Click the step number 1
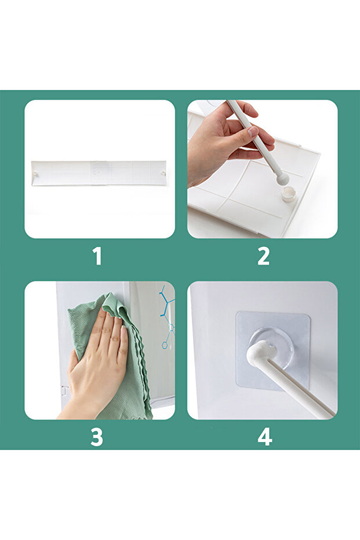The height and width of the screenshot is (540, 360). coord(98,256)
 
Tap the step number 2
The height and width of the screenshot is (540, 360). coord(264,256)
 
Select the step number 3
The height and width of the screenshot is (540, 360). coord(97,437)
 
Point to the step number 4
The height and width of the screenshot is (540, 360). coord(265,437)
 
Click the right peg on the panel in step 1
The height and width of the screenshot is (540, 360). coord(162,173)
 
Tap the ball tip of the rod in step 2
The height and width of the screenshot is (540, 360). coord(283,179)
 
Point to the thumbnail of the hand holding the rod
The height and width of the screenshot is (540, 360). coord(262,169)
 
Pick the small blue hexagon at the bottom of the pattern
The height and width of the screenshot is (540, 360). coord(165,345)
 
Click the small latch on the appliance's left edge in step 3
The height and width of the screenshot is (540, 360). coord(63,391)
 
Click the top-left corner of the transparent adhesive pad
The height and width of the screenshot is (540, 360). coord(237,313)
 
